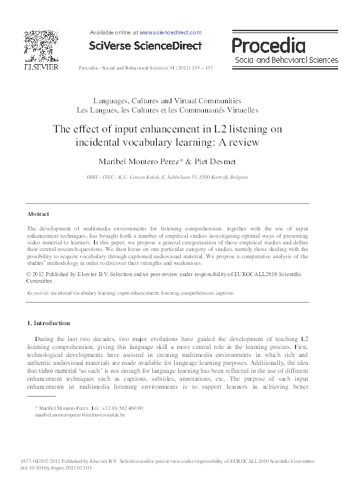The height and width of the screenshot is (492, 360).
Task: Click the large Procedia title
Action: pyautogui.click(x=268, y=46)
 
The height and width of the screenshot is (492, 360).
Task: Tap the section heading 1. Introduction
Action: pyautogui.click(x=47, y=323)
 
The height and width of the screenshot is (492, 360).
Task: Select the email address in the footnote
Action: pyautogui.click(x=80, y=414)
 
